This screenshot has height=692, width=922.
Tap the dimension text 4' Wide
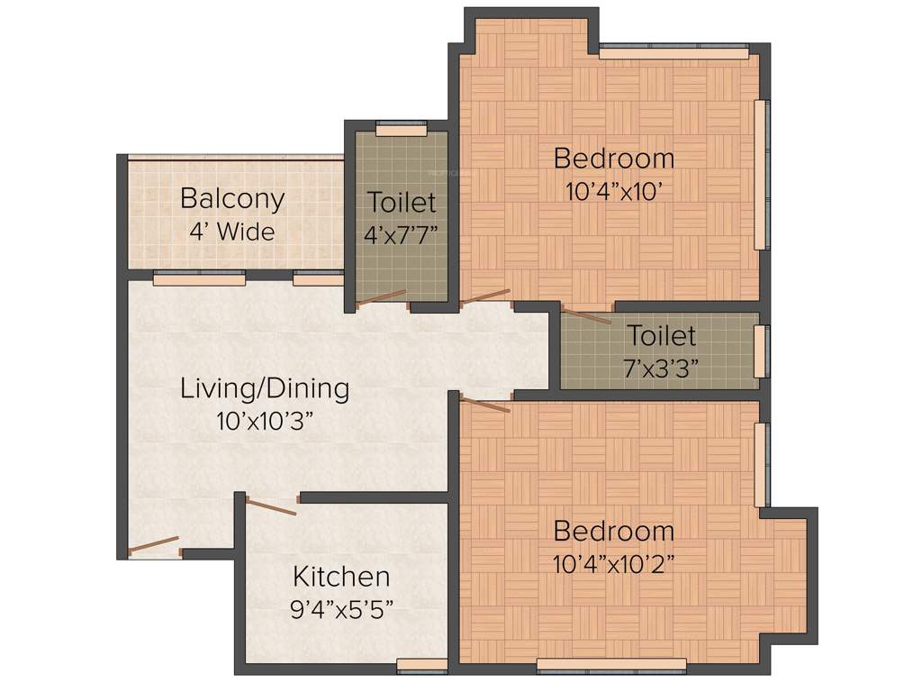(231, 232)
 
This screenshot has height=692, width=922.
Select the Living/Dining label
(265, 389)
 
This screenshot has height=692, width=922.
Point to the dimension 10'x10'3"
(265, 420)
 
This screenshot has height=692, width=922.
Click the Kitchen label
(341, 577)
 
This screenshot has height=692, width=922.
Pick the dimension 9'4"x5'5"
(341, 608)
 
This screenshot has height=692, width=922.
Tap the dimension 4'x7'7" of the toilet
(402, 237)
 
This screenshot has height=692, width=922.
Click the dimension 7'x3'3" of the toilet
(661, 369)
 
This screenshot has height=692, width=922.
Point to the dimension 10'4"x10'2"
(613, 564)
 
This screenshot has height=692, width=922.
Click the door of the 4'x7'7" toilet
(382, 297)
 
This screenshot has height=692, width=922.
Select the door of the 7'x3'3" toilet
(586, 316)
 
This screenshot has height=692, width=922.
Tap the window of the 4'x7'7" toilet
(401, 131)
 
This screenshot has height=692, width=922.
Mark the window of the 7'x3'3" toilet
(761, 351)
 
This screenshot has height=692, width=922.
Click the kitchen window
(421, 666)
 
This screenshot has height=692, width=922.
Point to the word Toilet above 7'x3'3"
(661, 336)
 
